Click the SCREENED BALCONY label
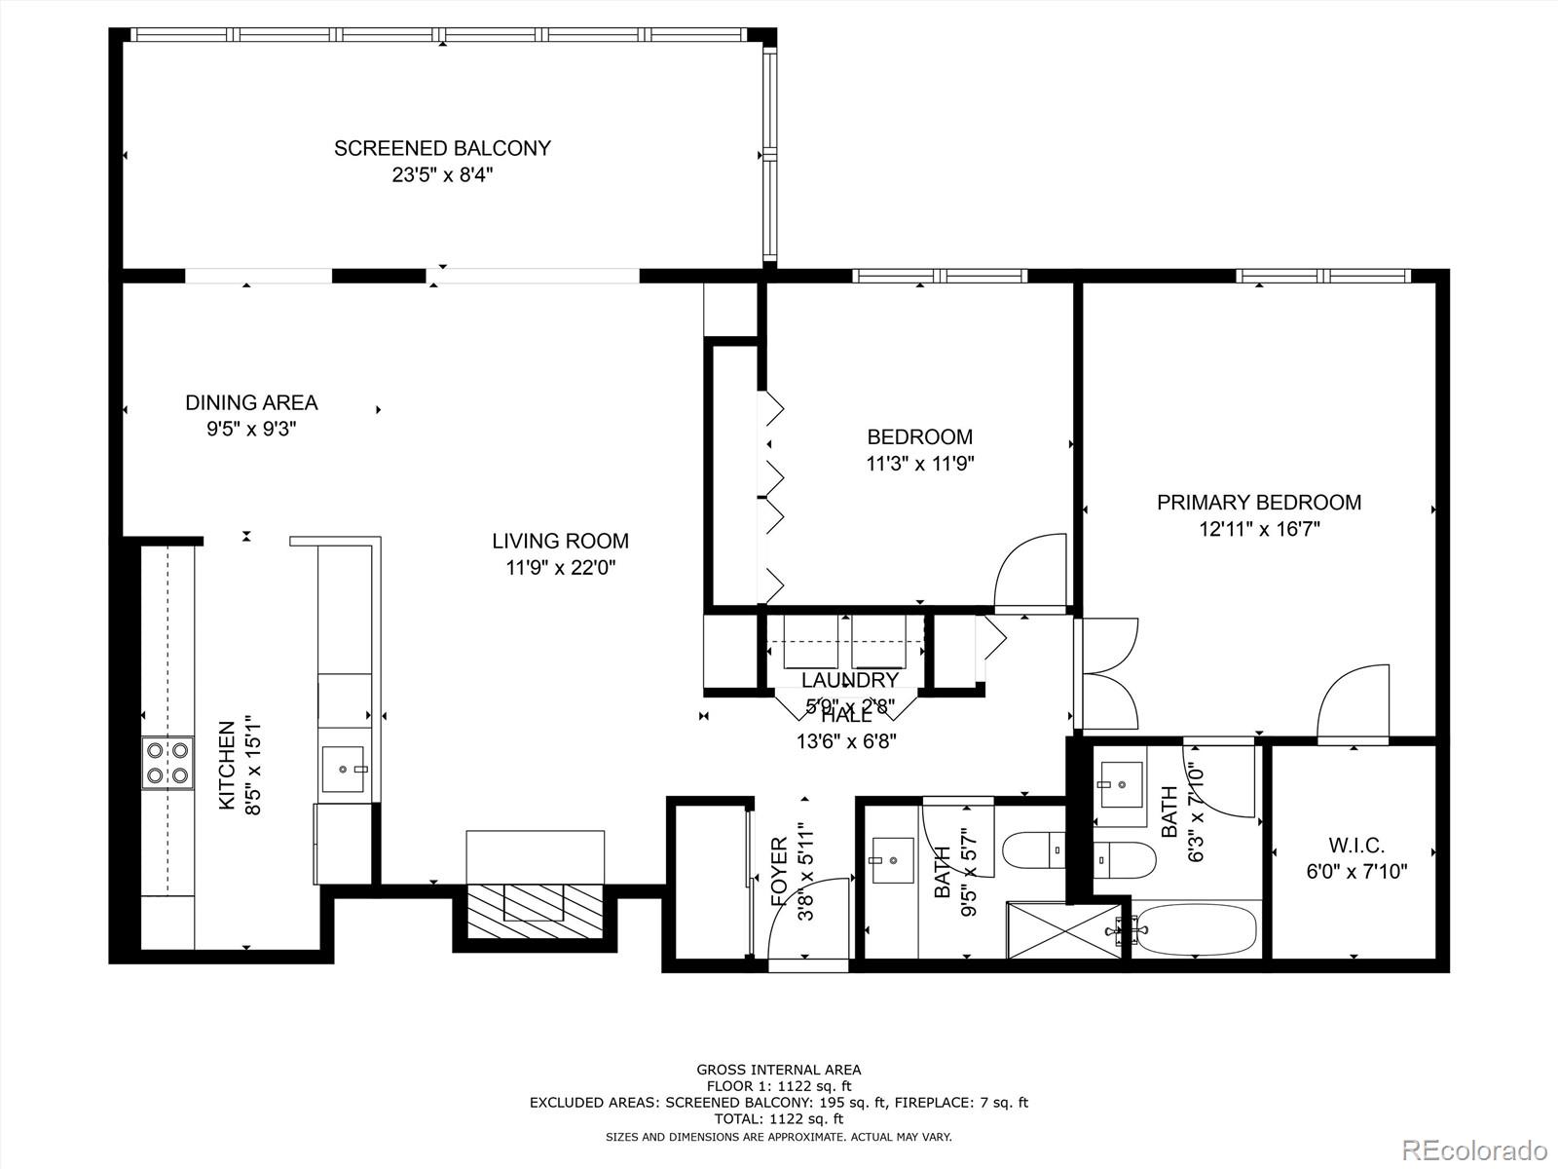442,149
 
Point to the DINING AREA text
251,402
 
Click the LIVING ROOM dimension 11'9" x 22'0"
560,567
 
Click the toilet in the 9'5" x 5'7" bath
1035,848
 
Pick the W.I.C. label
1356,846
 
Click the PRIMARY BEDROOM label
1258,503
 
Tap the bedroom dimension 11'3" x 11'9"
919,464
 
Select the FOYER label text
779,872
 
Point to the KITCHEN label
227,765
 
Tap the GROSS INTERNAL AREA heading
778,1070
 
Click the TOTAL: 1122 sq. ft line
778,1119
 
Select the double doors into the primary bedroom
1108,672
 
